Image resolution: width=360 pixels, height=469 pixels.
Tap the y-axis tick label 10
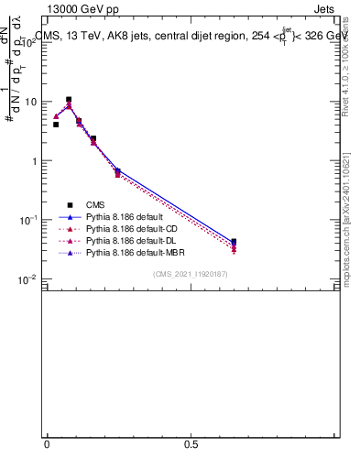(31, 103)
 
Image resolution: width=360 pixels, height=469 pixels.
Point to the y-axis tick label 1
(35, 162)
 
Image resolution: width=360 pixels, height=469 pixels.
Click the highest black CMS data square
(69, 100)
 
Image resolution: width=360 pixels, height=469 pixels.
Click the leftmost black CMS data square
(56, 125)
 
